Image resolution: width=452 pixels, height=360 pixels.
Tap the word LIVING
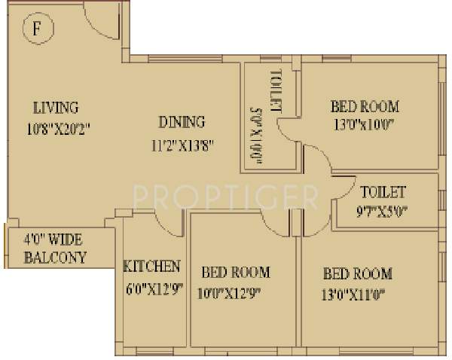point(55,108)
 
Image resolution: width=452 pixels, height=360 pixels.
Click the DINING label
point(181,122)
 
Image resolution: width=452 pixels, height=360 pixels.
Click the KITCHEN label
point(151,267)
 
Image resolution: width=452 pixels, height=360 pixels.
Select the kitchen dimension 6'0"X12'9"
point(151,288)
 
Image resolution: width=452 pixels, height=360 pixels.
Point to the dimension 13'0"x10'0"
point(364,127)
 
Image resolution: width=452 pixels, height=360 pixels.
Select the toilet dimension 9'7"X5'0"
point(383,212)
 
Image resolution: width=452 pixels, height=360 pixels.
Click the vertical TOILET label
point(275,91)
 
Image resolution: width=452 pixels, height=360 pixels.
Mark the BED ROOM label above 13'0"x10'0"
point(365,106)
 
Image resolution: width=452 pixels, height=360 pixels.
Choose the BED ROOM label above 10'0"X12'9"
point(235,272)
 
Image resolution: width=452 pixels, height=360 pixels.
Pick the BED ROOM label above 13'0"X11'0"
point(357,273)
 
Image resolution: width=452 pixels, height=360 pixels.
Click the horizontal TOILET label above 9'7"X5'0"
point(383,192)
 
